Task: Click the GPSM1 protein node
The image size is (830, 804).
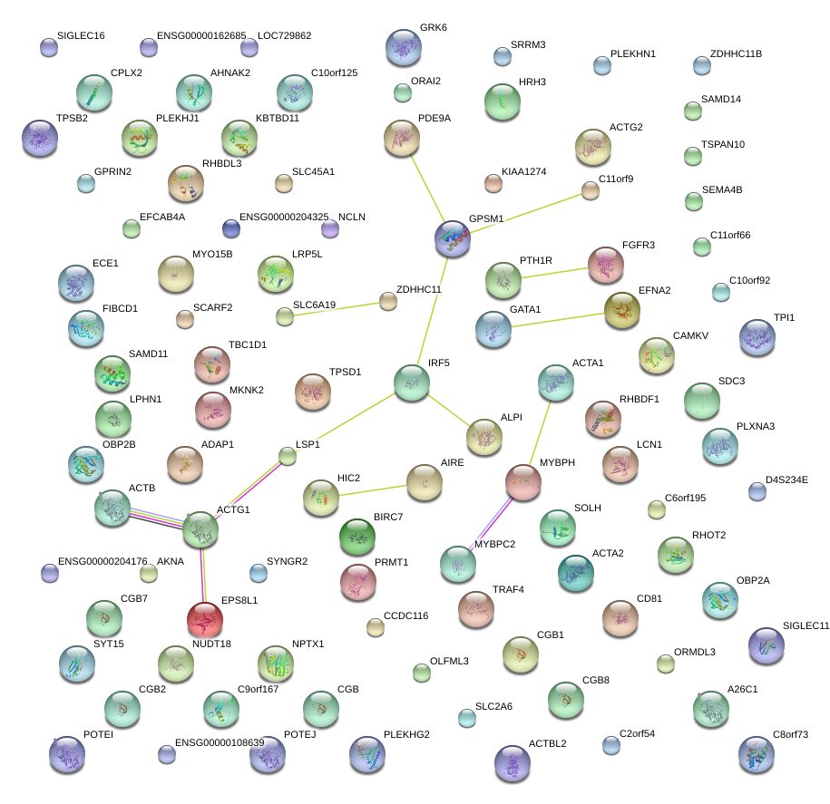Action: [453, 237]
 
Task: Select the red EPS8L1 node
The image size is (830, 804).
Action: [204, 619]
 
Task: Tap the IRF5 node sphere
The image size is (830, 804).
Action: [412, 383]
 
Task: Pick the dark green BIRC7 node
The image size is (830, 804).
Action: [356, 537]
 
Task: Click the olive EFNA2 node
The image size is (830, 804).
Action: [622, 309]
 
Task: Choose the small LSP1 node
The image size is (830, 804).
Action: [288, 456]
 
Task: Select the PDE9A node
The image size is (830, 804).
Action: [402, 137]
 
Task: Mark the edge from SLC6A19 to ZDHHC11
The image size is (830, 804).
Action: [337, 308]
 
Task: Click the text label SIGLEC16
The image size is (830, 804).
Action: [81, 36]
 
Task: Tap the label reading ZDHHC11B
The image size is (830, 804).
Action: [736, 54]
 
